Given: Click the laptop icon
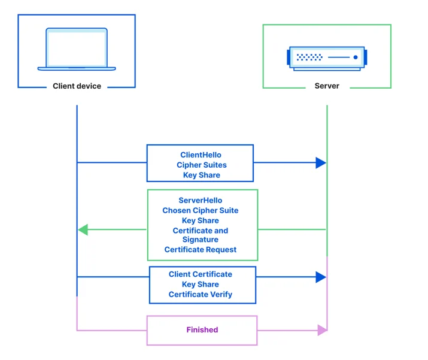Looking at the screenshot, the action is [77, 49].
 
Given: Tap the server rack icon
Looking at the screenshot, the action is [327, 59].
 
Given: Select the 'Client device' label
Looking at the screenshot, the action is [77, 86].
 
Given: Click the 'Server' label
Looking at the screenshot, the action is [327, 86].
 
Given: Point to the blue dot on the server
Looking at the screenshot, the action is [356, 57].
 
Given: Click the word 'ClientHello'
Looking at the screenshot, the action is [201, 155].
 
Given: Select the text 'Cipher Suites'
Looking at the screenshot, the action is [202, 165].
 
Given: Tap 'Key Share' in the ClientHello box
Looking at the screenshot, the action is [202, 175].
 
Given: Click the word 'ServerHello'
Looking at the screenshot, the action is [201, 200].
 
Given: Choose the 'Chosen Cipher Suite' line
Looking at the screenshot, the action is [201, 210].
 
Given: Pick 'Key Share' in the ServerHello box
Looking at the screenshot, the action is [201, 220].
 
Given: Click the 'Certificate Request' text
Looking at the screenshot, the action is [201, 250].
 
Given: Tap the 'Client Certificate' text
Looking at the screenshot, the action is [201, 274].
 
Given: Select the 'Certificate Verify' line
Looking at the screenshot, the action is [201, 295].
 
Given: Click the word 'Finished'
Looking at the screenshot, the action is [202, 329].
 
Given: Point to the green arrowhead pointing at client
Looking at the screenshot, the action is [83, 229].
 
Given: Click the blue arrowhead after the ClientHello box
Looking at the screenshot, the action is [321, 163].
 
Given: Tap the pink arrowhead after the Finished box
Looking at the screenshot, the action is [323, 330].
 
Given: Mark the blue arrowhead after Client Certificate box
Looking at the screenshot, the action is [321, 277].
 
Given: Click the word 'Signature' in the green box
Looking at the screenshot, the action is [201, 240].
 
